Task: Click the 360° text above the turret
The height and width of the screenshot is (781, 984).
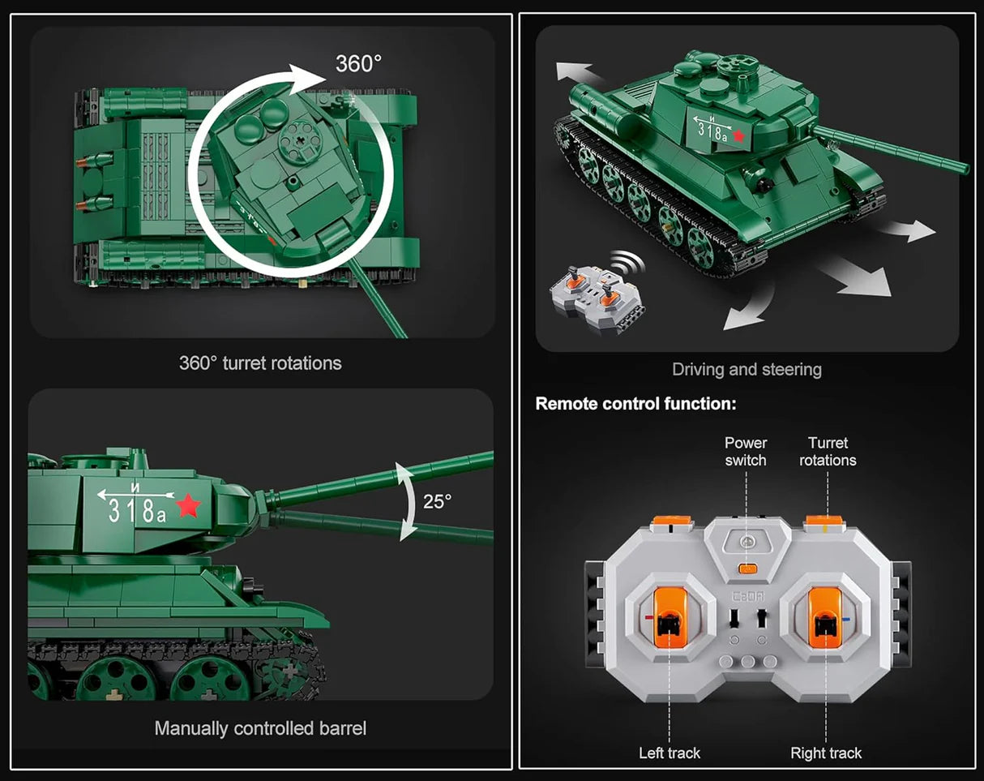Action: pos(358,64)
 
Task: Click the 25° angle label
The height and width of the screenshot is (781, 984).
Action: pos(437,502)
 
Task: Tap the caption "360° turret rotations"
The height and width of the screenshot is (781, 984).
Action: pos(260,363)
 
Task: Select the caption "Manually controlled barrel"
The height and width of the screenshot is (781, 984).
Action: pos(260,728)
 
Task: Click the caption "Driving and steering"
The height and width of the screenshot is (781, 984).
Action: pos(747,370)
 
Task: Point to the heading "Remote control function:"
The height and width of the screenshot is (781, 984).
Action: pos(635,404)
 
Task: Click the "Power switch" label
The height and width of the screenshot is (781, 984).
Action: pos(746,452)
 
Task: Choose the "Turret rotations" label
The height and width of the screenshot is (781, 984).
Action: pos(828,452)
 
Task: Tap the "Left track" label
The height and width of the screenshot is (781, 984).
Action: pos(669,753)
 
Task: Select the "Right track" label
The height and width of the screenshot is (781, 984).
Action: pos(826,753)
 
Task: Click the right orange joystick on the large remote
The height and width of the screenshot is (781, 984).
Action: pos(825,618)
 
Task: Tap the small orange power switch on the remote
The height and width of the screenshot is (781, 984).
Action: pos(748,569)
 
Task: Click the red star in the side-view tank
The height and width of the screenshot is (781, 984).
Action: pos(188,506)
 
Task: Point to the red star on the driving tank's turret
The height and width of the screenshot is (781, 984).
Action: pos(738,136)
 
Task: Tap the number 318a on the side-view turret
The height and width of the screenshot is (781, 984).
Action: pos(137,511)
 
